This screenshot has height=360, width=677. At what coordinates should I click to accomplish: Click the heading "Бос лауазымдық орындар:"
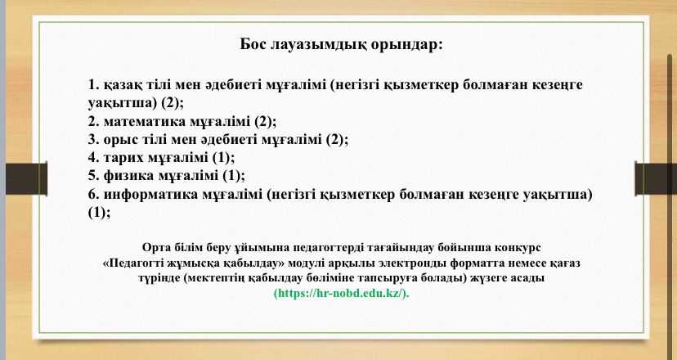342,44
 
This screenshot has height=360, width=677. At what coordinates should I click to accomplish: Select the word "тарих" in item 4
124,158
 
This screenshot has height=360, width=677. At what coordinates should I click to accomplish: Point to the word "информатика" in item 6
151,195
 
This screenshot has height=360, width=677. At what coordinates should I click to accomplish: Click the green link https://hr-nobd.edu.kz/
342,294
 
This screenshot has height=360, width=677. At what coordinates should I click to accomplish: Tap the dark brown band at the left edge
26,178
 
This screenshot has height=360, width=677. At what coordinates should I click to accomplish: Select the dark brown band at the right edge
656,178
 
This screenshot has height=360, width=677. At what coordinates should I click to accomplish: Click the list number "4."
94,158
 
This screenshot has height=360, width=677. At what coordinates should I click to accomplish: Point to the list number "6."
94,195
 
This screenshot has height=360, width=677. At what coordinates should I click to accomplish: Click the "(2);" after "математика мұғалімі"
265,122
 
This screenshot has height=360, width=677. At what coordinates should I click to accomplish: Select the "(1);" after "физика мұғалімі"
234,177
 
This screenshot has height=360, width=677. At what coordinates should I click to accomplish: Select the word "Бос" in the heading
253,44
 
